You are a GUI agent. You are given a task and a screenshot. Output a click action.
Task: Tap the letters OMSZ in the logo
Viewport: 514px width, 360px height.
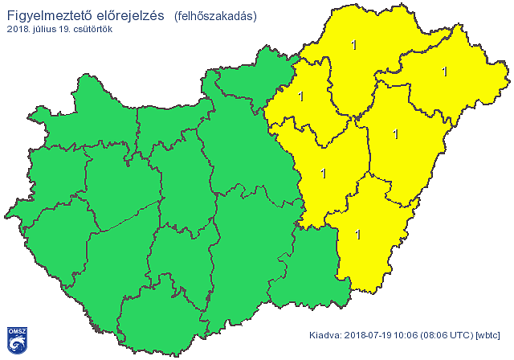click(x=16, y=331)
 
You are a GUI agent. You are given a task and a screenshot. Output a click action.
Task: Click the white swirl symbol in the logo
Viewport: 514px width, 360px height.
click(x=16, y=345)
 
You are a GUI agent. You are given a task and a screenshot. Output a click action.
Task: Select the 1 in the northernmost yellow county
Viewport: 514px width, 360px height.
click(x=354, y=45)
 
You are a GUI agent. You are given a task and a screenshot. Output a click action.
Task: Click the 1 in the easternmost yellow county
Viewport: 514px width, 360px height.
click(x=444, y=71)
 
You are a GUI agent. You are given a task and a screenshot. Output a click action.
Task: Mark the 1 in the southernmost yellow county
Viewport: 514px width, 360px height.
click(x=357, y=234)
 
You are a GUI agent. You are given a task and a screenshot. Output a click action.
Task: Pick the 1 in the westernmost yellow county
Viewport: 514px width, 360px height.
click(x=301, y=96)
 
